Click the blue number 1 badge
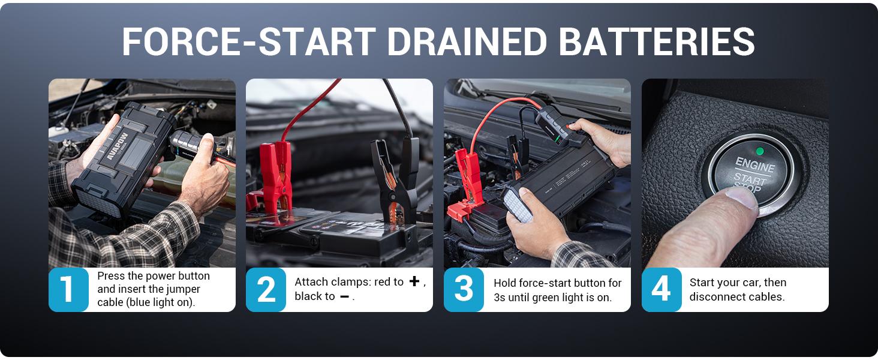point(68,290)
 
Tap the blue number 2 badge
point(266,290)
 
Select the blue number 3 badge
point(464,290)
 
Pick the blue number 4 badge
point(661,290)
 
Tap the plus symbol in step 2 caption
point(414,281)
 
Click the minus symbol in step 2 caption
point(344,296)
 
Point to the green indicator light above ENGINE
point(760,151)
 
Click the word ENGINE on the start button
point(755,165)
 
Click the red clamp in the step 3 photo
point(467,180)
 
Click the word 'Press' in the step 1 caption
point(110,276)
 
